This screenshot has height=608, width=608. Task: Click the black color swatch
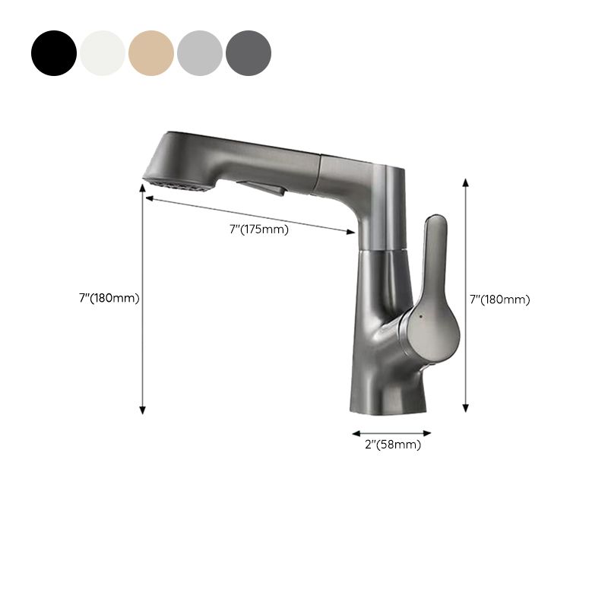pyautogui.click(x=54, y=53)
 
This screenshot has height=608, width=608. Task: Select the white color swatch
pyautogui.click(x=103, y=53)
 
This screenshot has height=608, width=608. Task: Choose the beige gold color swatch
pyautogui.click(x=151, y=53)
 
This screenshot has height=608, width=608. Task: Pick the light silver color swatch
pyautogui.click(x=200, y=53)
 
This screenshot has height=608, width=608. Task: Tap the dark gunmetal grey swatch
pyautogui.click(x=249, y=53)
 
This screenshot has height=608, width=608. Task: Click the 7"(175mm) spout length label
pyautogui.click(x=259, y=230)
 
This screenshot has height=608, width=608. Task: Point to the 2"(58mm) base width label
pyautogui.click(x=392, y=445)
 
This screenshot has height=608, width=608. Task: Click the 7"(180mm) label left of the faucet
pyautogui.click(x=109, y=299)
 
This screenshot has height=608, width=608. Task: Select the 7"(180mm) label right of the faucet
pyautogui.click(x=499, y=299)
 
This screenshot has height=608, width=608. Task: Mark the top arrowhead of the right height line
pyautogui.click(x=466, y=182)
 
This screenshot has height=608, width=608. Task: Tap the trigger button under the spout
pyautogui.click(x=261, y=187)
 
